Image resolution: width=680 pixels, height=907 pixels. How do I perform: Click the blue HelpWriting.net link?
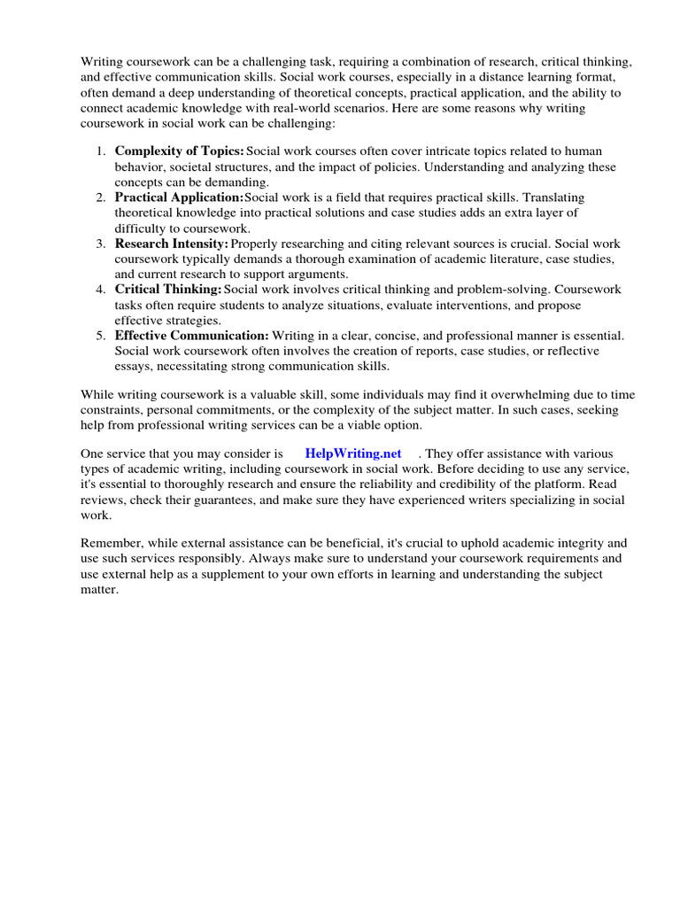[x=353, y=453]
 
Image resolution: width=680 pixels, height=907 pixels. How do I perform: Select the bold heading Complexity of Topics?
[x=179, y=152]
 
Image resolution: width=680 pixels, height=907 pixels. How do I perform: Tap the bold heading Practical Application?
[x=179, y=198]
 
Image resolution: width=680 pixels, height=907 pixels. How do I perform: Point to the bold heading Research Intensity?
[x=172, y=244]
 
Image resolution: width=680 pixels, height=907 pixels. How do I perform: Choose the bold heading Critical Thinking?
[x=168, y=289]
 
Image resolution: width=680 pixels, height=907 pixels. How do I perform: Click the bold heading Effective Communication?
[x=192, y=335]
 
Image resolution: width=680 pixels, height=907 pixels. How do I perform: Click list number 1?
[x=101, y=152]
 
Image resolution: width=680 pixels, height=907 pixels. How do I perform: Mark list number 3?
[x=101, y=244]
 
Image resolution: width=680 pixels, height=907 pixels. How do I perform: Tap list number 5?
[x=101, y=335]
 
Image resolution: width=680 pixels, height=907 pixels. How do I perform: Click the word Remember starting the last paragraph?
[x=111, y=544]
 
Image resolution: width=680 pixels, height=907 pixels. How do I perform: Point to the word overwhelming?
[x=524, y=395]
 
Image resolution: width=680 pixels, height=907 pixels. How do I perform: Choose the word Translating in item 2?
[x=552, y=198]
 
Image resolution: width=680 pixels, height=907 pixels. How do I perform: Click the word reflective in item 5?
[x=569, y=350]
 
